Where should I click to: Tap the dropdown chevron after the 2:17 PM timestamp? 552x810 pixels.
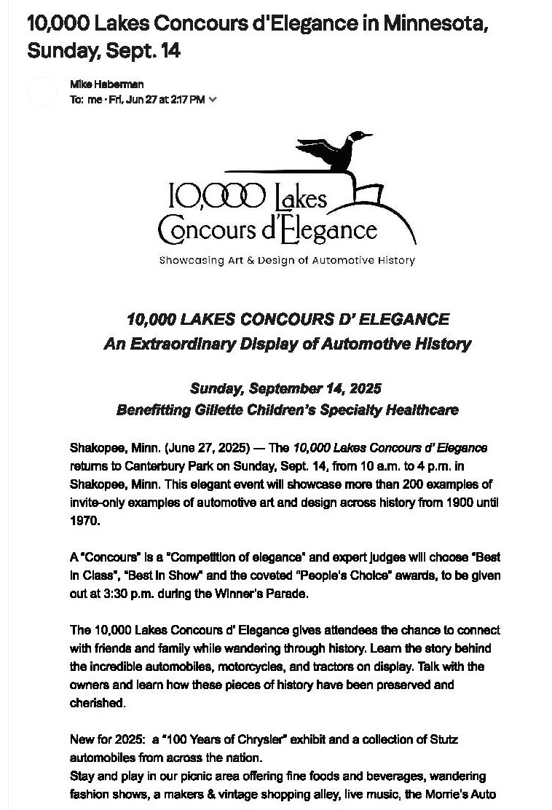point(213,100)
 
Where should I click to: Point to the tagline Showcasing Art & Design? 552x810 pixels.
point(287,260)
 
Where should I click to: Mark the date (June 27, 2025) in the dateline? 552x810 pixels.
point(206,447)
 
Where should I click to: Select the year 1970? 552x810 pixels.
point(84,522)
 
